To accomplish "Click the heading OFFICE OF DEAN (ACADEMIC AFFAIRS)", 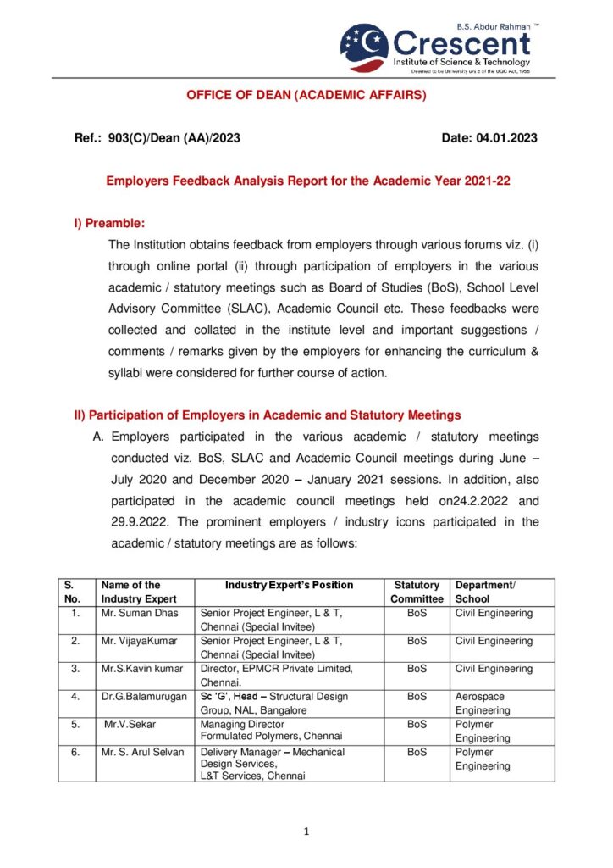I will [x=306, y=95].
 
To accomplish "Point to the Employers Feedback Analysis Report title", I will [x=306, y=181].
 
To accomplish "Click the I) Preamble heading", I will [x=110, y=223].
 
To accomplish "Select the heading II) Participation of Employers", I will [x=268, y=415].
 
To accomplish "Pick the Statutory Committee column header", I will [x=417, y=592].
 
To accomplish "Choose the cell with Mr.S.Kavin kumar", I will [x=141, y=669].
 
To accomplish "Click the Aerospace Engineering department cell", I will [x=483, y=704].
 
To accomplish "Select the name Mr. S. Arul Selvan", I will [x=142, y=752].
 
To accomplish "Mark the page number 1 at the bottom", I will [x=306, y=832].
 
